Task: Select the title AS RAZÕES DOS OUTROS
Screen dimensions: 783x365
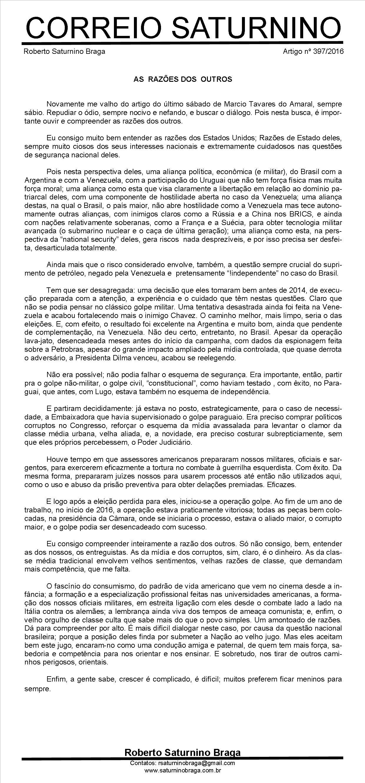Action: coord(183,80)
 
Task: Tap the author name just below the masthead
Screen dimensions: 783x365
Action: coord(64,51)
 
